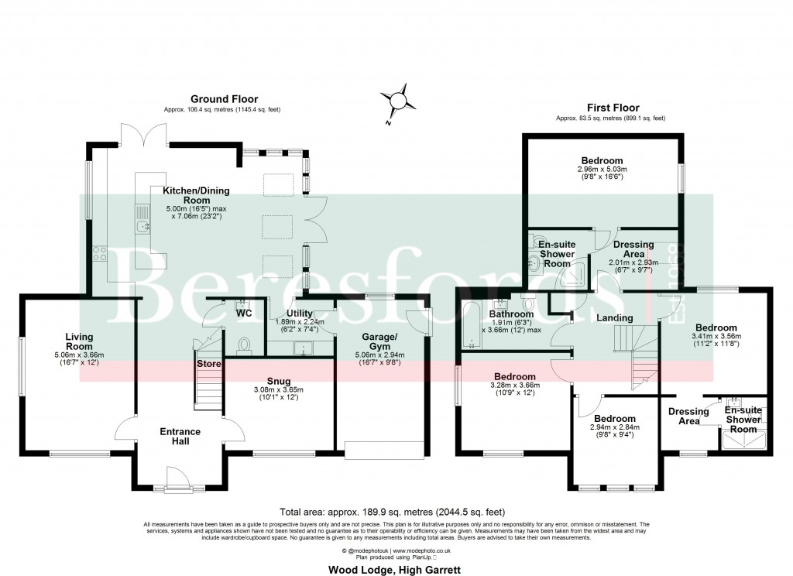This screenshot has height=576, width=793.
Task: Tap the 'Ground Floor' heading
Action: (224, 99)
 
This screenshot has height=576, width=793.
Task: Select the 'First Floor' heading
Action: (612, 108)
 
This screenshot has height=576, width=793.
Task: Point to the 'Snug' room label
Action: (279, 381)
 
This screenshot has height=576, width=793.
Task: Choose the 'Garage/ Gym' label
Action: (382, 341)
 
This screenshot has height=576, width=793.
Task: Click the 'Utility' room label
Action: (300, 313)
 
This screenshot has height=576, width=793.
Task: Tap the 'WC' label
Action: (244, 314)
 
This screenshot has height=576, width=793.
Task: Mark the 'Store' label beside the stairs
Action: (209, 363)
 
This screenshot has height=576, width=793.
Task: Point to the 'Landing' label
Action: (614, 318)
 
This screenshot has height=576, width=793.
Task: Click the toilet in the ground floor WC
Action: (244, 344)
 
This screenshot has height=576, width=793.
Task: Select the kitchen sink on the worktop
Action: (142, 219)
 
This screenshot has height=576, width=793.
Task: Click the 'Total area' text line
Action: (396, 512)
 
